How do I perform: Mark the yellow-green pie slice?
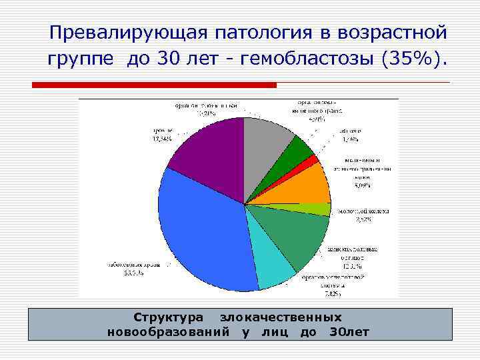click(321, 209)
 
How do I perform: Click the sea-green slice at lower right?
click(297, 236)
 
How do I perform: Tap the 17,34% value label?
click(161, 139)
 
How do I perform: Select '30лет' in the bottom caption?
click(349, 331)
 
